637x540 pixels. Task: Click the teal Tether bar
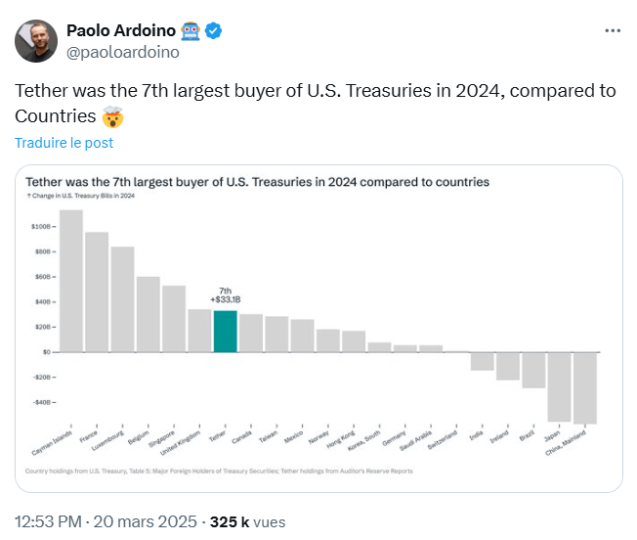coord(225,331)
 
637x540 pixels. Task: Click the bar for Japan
coord(559,386)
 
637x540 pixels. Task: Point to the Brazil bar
coord(533,370)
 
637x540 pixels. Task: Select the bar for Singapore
coord(174,318)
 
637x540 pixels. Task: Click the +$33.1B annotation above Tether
coord(226,300)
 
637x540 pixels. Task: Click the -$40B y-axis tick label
coord(43,402)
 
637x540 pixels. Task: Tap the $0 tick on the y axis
coord(46,352)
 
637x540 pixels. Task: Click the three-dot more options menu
coord(613,30)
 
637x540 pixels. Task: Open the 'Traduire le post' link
coord(64,143)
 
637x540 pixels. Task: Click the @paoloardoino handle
coord(122,53)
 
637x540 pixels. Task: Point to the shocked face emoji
coord(113,117)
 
